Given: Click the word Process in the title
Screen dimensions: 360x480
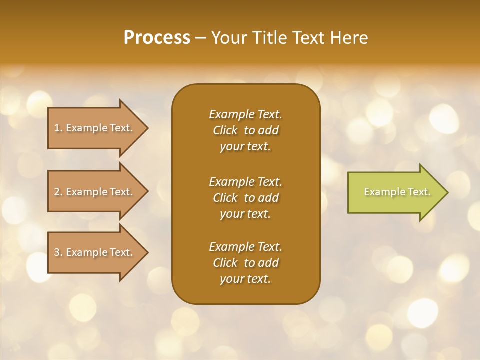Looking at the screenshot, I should click(157, 38).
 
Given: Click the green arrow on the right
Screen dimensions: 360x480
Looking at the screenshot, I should click(395, 192).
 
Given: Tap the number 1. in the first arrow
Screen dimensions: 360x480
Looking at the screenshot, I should click(58, 128).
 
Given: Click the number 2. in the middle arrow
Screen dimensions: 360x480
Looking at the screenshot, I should click(58, 192).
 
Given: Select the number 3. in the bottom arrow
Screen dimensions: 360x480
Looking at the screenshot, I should click(58, 252).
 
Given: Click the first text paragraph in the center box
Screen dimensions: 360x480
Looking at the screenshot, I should click(245, 130).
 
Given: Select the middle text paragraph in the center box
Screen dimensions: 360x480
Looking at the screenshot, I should click(245, 198).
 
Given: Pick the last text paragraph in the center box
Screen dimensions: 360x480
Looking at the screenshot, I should click(245, 263).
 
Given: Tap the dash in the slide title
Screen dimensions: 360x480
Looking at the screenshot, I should click(201, 38).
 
